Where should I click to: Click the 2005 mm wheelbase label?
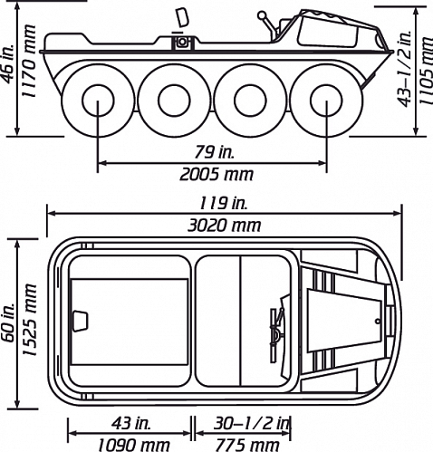pyautogui.click(x=216, y=175)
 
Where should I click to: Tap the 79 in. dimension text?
pyautogui.click(x=214, y=152)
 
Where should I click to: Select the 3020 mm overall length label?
pyautogui.click(x=224, y=226)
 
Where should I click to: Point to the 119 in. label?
pyautogui.click(x=223, y=203)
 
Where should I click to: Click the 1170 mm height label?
pyautogui.click(x=29, y=61)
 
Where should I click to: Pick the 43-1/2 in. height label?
pyautogui.click(x=405, y=68)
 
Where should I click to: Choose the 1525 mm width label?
pyautogui.click(x=30, y=320)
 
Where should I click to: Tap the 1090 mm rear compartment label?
pyautogui.click(x=134, y=445)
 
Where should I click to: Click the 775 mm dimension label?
pyautogui.click(x=246, y=445)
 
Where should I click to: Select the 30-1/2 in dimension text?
pyautogui.click(x=252, y=424)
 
